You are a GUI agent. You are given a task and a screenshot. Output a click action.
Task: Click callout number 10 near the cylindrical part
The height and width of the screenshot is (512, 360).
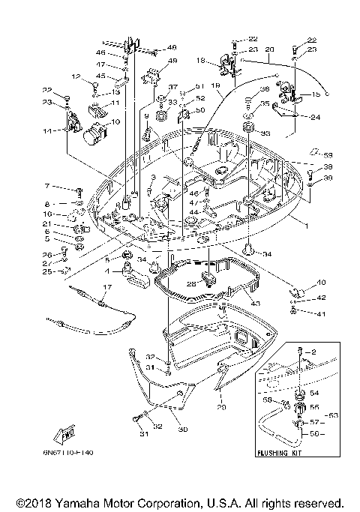pos(115,121)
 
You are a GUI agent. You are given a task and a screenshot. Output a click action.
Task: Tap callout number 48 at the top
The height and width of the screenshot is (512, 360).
pos(172,46)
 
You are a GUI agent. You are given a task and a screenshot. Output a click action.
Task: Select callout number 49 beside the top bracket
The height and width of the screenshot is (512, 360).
pos(172,61)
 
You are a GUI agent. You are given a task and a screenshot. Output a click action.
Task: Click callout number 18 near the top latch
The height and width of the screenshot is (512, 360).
pos(200,60)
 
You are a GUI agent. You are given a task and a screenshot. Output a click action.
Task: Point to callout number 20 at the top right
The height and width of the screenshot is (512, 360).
pos(269,49)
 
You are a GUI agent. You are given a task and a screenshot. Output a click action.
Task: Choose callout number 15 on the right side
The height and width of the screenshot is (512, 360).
pos(315,95)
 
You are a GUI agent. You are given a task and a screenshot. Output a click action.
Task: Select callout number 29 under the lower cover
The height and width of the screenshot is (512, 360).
pos(220,407)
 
